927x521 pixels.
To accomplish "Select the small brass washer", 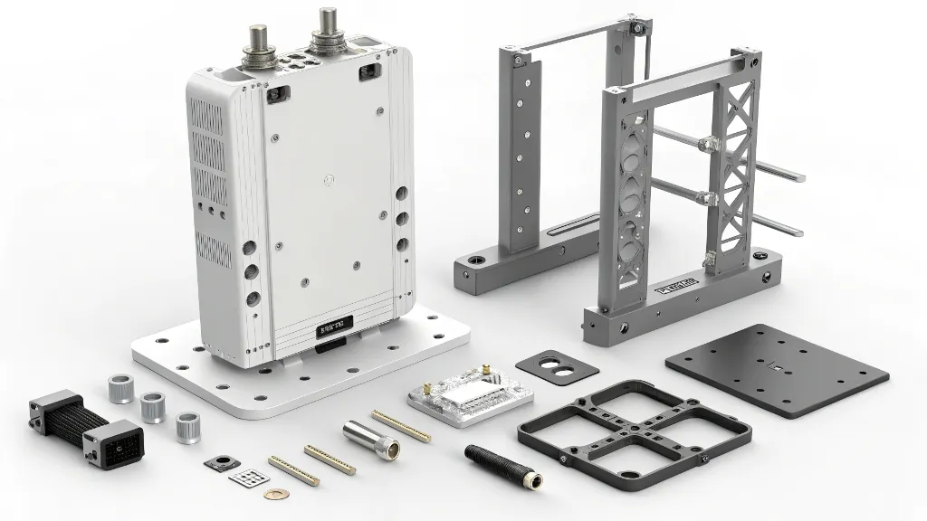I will [272, 495].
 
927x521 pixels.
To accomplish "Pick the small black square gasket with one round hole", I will [216, 462].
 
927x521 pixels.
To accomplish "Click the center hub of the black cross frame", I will [633, 431].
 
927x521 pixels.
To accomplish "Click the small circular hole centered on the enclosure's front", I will [325, 182].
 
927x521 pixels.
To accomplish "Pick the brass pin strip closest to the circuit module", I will [401, 426].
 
